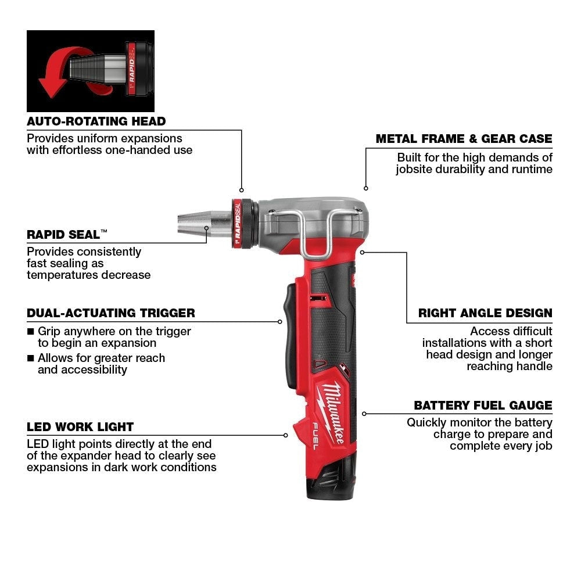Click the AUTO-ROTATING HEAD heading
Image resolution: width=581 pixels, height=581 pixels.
pos(96,121)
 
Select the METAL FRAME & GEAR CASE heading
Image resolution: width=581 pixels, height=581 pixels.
pos(464,139)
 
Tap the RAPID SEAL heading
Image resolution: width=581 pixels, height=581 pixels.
pos(67,235)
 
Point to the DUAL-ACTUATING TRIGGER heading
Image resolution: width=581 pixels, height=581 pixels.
pos(111,313)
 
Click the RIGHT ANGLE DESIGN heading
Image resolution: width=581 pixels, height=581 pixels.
pos(485,313)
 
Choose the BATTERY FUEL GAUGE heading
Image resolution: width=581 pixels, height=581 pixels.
pos(483,406)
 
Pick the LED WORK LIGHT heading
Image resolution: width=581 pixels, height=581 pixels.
pos(80,427)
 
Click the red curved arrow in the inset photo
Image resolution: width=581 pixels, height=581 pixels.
pos(55,73)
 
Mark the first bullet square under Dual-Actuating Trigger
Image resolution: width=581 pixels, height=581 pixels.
pos(31,332)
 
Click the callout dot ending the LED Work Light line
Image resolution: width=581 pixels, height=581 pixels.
pos(286,435)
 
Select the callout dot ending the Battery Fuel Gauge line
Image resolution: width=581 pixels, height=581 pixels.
pos(364,414)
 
